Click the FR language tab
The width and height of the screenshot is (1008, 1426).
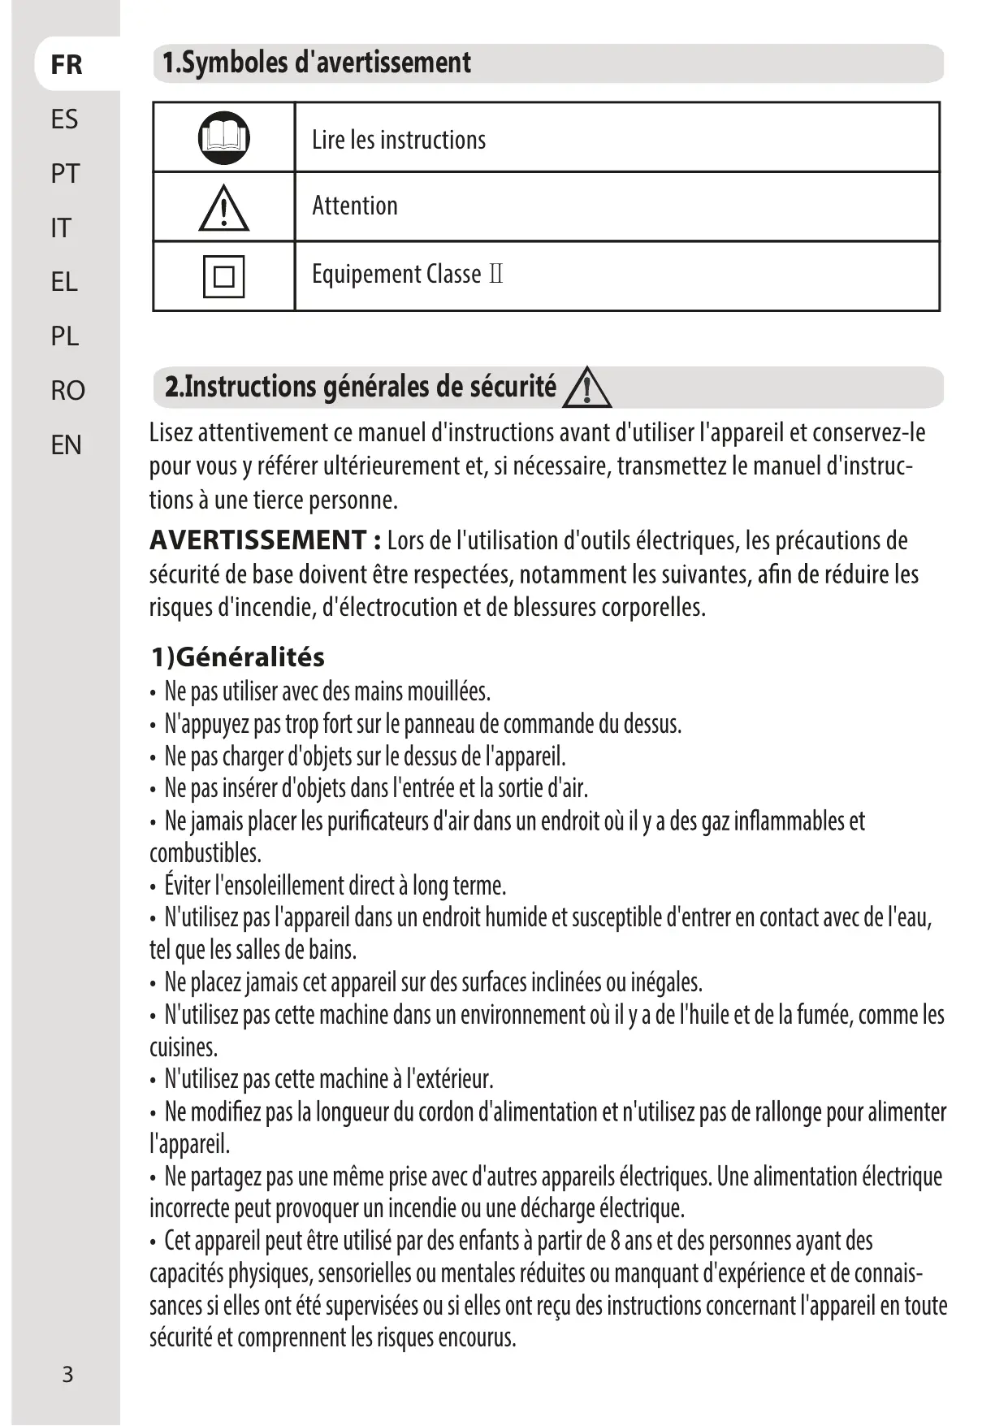pyautogui.click(x=67, y=64)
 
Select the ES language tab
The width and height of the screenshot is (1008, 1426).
pyautogui.click(x=65, y=119)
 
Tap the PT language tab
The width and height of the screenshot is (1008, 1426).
pyautogui.click(x=65, y=173)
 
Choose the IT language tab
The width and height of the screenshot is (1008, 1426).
pyautogui.click(x=61, y=228)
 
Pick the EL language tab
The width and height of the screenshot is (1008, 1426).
pyautogui.click(x=64, y=282)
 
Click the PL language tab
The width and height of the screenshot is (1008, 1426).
pyautogui.click(x=65, y=336)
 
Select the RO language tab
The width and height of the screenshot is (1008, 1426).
pyautogui.click(x=67, y=391)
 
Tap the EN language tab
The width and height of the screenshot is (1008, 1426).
pyautogui.click(x=66, y=445)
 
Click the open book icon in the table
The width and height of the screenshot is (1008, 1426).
pyautogui.click(x=223, y=138)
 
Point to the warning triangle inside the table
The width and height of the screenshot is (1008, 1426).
pyautogui.click(x=223, y=208)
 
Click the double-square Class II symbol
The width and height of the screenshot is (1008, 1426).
pyautogui.click(x=223, y=276)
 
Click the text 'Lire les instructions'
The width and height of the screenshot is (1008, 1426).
pyautogui.click(x=399, y=140)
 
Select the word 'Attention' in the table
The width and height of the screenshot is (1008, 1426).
pyautogui.click(x=355, y=206)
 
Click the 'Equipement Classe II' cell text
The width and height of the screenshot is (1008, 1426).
pyautogui.click(x=407, y=275)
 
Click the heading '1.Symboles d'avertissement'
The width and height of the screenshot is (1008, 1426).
pyautogui.click(x=317, y=63)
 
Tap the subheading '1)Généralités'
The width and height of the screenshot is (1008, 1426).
pyautogui.click(x=238, y=657)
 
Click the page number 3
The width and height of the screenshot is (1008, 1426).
pyautogui.click(x=67, y=1374)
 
